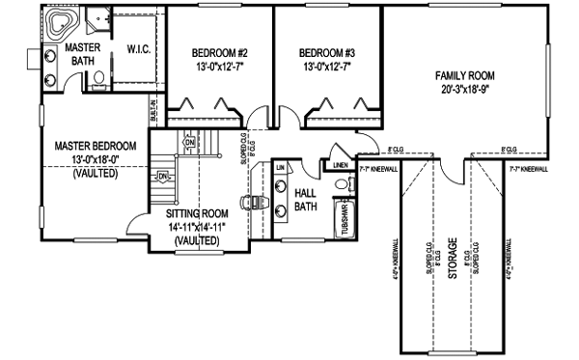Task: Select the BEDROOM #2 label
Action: pyautogui.click(x=220, y=52)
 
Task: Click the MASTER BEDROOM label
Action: pyautogui.click(x=95, y=146)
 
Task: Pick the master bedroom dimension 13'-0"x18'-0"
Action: pyautogui.click(x=95, y=159)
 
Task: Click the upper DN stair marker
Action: pyautogui.click(x=189, y=142)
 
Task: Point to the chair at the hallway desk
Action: pyautogui.click(x=249, y=204)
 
